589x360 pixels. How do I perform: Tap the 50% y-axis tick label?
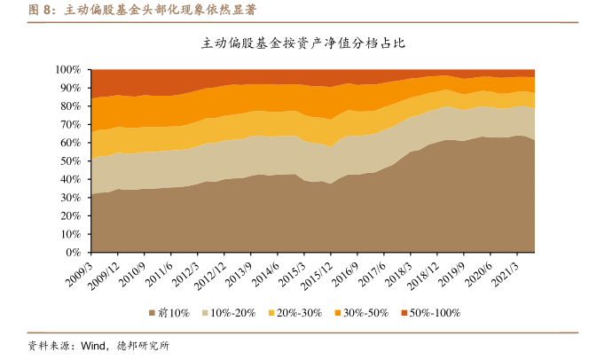pos(71,160)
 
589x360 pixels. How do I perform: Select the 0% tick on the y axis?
pos(75,253)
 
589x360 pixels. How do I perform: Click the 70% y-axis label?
pos(71,124)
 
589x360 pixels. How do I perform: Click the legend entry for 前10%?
pos(169,313)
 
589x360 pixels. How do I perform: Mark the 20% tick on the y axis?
pos(71,215)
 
